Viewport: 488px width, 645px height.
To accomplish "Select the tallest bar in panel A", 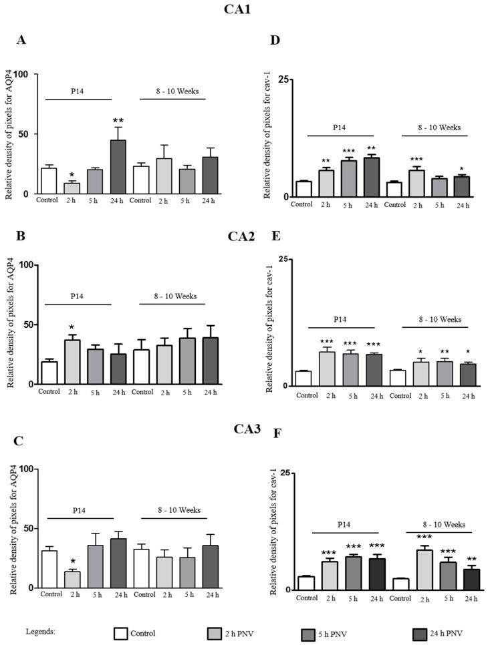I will coord(118,167).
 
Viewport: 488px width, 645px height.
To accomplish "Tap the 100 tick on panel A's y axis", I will coord(27,74).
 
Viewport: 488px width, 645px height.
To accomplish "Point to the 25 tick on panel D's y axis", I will coord(283,80).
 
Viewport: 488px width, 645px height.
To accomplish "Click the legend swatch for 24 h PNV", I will coord(420,633).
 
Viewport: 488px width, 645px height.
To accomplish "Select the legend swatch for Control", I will coord(121,633).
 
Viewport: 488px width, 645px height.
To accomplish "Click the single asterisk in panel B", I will coord(72,327).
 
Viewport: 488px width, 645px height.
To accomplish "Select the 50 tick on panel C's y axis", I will coord(27,528).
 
